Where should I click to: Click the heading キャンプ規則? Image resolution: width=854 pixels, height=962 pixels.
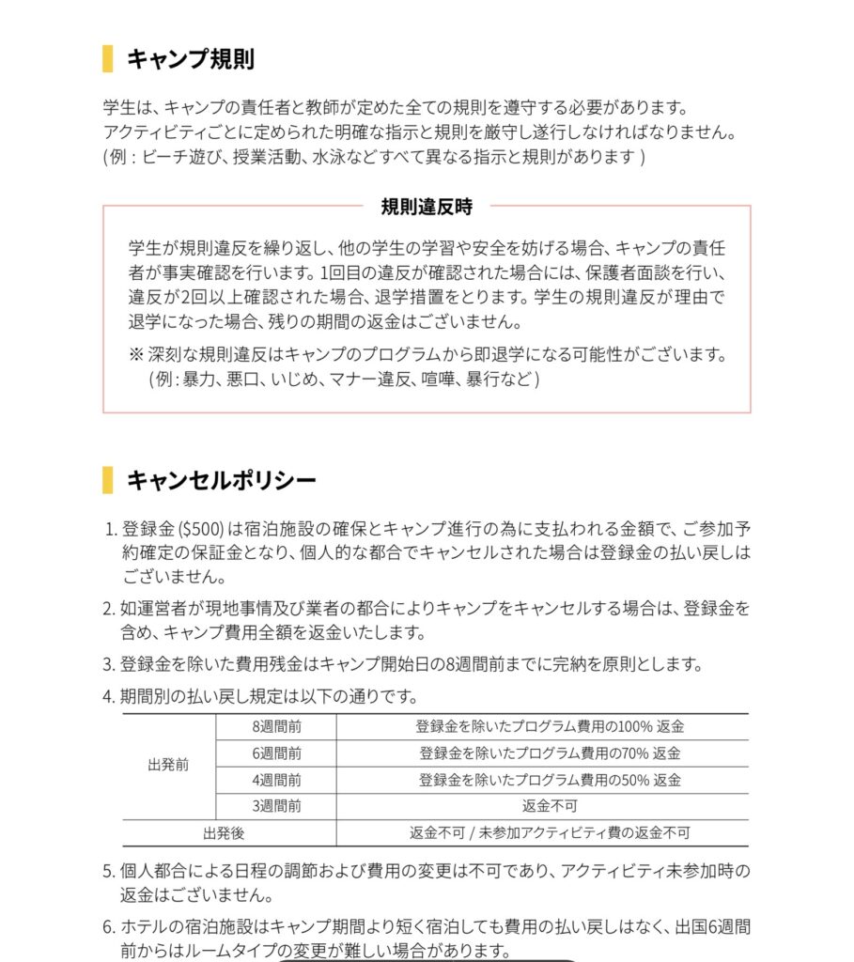tap(191, 59)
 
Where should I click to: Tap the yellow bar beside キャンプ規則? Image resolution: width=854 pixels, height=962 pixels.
tap(107, 59)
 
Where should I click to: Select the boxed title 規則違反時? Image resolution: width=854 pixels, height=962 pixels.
tap(427, 206)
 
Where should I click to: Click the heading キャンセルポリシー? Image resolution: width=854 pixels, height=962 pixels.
tap(222, 480)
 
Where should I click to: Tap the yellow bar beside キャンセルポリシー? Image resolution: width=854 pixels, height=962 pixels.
tap(107, 480)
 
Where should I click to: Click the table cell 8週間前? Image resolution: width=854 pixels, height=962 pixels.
tap(276, 727)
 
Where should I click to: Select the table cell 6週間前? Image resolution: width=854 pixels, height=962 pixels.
tap(276, 753)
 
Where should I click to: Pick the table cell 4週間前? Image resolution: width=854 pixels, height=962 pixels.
tap(276, 780)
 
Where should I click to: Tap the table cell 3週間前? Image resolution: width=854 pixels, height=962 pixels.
tap(276, 806)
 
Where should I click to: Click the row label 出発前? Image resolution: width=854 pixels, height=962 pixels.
tap(168, 765)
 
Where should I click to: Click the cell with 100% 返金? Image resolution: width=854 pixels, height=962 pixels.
tap(550, 727)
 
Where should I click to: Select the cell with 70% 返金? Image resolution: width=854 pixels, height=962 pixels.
tap(550, 753)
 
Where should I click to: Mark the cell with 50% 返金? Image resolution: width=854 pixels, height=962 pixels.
tap(550, 780)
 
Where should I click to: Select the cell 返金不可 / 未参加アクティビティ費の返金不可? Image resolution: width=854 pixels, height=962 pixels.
tap(550, 832)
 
